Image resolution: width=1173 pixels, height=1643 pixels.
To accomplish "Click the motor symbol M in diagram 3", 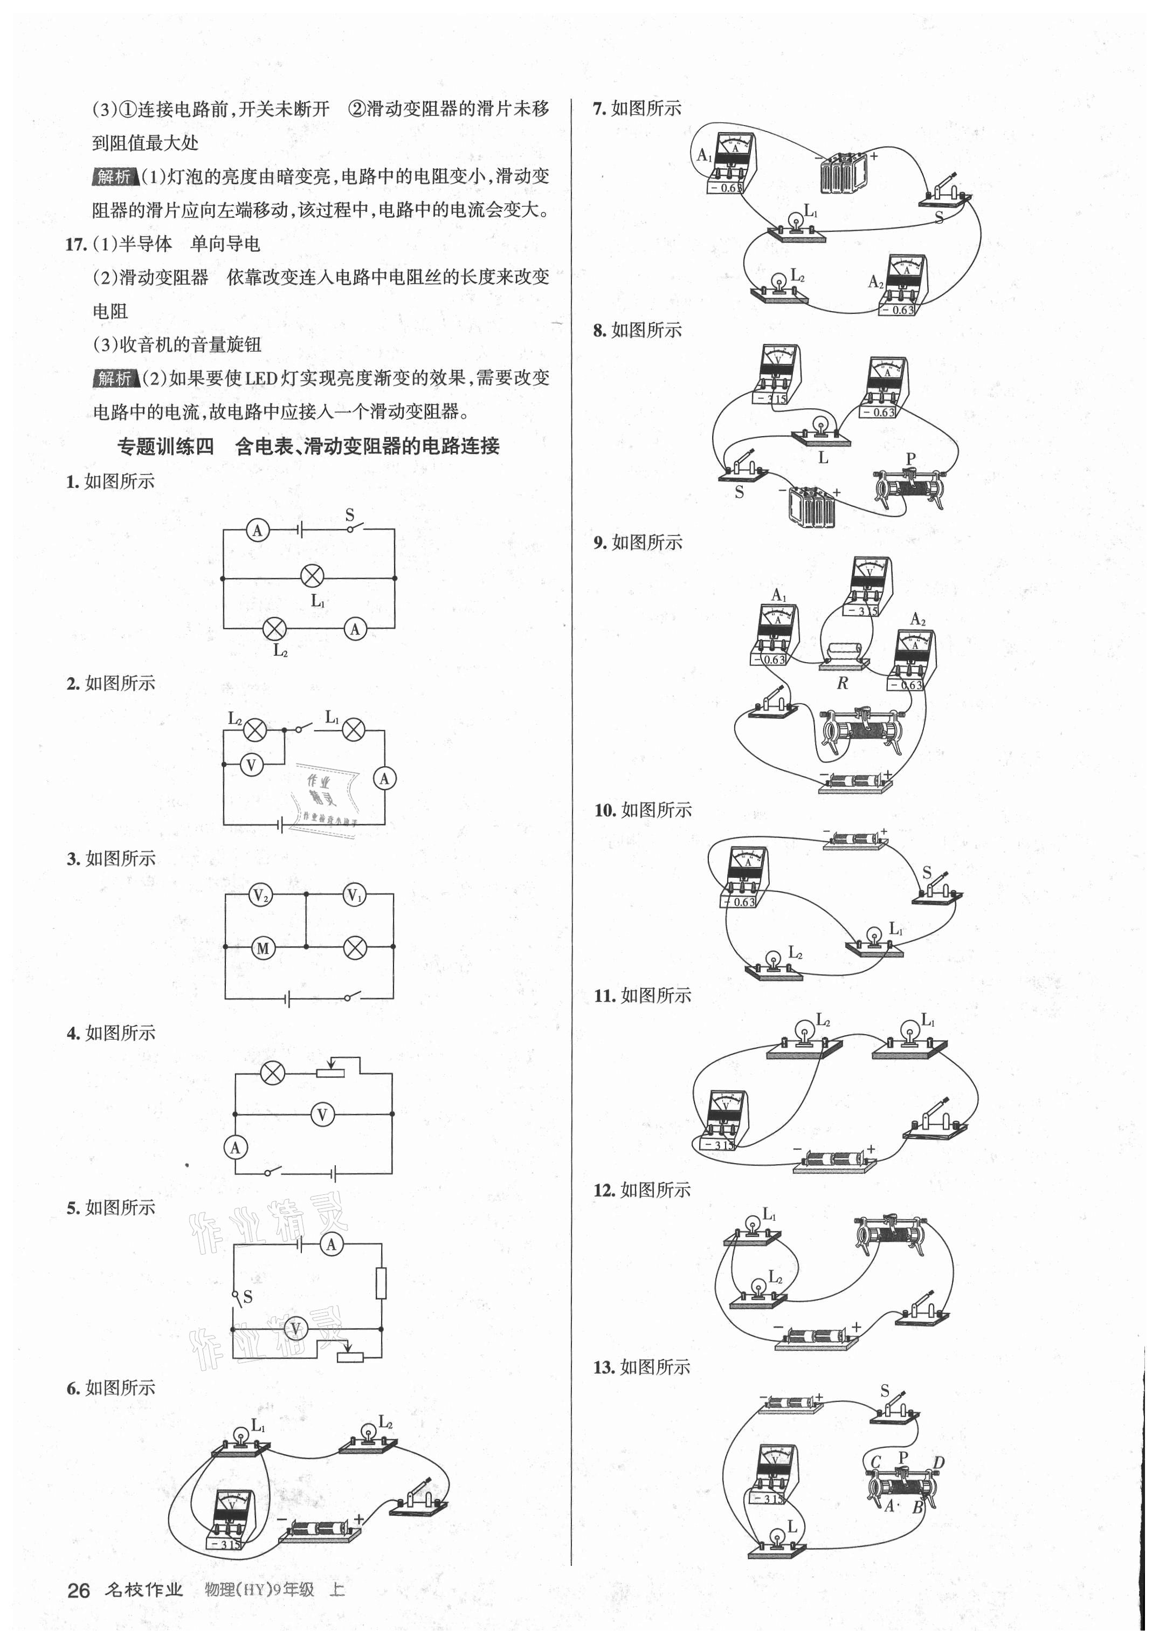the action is coord(263,948).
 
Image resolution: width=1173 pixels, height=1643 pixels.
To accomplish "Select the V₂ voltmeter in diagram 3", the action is coord(260,896).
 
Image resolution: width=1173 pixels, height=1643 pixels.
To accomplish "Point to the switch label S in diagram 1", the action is coord(350,515).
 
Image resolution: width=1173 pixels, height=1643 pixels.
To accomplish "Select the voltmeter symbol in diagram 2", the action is coord(251,765).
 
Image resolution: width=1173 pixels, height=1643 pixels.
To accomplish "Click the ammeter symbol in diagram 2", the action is coord(384,778).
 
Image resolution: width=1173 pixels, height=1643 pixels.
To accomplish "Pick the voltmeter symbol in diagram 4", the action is coord(322,1115).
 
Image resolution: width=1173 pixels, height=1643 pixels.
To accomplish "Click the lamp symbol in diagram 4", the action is coord(272,1073).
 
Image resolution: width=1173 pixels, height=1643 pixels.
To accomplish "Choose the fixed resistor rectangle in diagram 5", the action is coord(381,1283).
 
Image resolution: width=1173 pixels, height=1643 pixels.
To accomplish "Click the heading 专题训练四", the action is coord(165,446).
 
